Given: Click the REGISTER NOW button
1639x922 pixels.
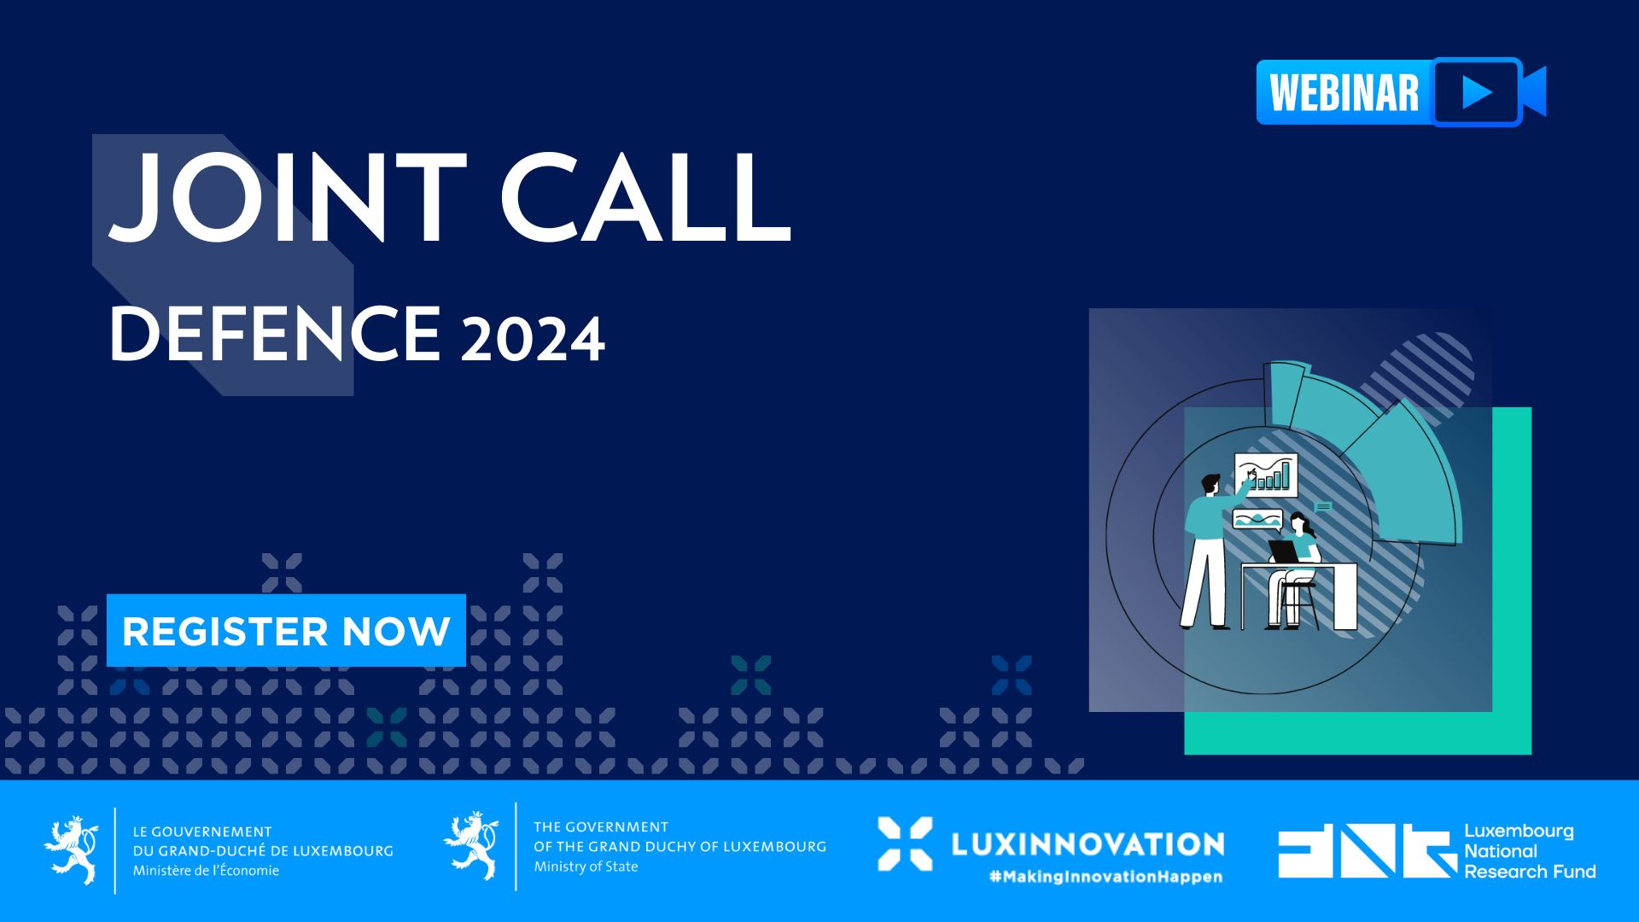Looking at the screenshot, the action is coord(286,630).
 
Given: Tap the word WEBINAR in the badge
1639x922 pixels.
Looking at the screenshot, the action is coord(1344,93).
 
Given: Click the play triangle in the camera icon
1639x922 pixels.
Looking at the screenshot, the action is coord(1477,92).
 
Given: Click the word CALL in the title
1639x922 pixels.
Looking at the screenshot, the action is coord(646,197).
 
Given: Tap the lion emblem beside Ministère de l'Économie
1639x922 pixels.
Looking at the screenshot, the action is coord(72,850).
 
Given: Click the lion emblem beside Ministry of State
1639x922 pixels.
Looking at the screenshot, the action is coord(471,846).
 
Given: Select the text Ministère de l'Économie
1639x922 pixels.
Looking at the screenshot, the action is coord(206,871).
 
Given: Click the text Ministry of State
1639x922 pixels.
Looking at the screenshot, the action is coord(586,867).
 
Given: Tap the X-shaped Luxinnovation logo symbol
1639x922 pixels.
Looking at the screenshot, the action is coord(905,844).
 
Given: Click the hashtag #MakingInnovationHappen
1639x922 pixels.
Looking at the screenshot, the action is coord(1105,877).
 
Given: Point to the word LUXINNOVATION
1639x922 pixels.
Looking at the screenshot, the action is coord(1088,844).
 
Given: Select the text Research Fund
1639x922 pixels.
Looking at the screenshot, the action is coord(1530,872).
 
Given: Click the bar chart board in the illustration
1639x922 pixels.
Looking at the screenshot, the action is coord(1265,475).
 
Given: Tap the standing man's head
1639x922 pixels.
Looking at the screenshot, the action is coord(1212,484).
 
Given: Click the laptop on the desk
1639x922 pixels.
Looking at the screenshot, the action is coord(1283,551).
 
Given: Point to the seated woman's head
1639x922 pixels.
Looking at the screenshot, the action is coord(1299,522).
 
